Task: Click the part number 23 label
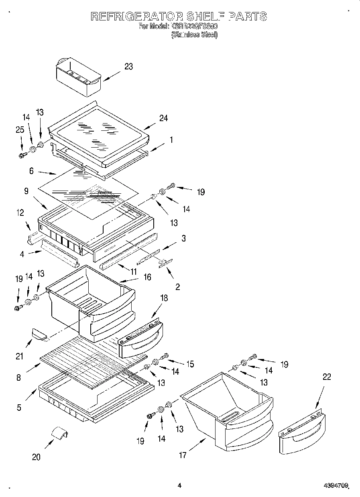point(128,67)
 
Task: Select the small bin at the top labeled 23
point(77,77)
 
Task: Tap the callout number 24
point(163,118)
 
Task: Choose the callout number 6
point(31,170)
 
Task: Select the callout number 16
point(147,277)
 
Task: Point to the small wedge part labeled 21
point(39,333)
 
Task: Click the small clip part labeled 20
point(59,434)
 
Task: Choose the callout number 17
point(183,455)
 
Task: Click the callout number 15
point(190,364)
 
